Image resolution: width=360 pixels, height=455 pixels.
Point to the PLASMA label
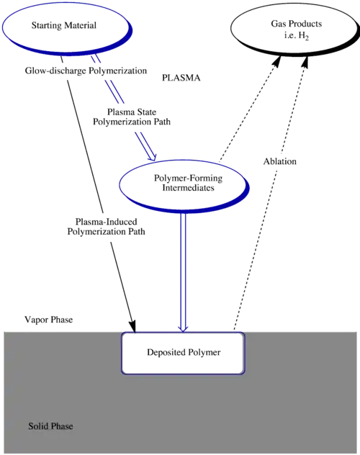pyautogui.click(x=181, y=78)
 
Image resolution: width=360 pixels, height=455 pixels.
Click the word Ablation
pyautogui.click(x=280, y=161)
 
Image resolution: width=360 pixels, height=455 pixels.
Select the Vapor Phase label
pyautogui.click(x=49, y=320)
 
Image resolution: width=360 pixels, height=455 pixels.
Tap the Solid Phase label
pyautogui.click(x=50, y=426)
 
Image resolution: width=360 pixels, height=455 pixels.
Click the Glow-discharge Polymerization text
pyautogui.click(x=86, y=71)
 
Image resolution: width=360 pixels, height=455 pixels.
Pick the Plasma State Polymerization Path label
pyautogui.click(x=132, y=117)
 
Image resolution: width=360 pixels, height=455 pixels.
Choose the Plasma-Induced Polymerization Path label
pyautogui.click(x=106, y=227)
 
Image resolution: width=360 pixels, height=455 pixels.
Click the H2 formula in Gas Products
pyautogui.click(x=303, y=36)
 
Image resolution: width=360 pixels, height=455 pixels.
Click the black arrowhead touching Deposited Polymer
pyautogui.click(x=132, y=326)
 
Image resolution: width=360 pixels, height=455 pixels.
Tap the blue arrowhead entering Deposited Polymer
pyautogui.click(x=183, y=328)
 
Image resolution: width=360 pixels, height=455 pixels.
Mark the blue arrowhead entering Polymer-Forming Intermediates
pyautogui.click(x=152, y=156)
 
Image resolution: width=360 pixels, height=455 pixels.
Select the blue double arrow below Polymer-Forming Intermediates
pyautogui.click(x=183, y=273)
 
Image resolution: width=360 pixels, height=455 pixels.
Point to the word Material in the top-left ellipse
pyautogui.click(x=81, y=25)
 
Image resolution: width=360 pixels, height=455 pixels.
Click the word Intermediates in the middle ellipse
pyautogui.click(x=188, y=188)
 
